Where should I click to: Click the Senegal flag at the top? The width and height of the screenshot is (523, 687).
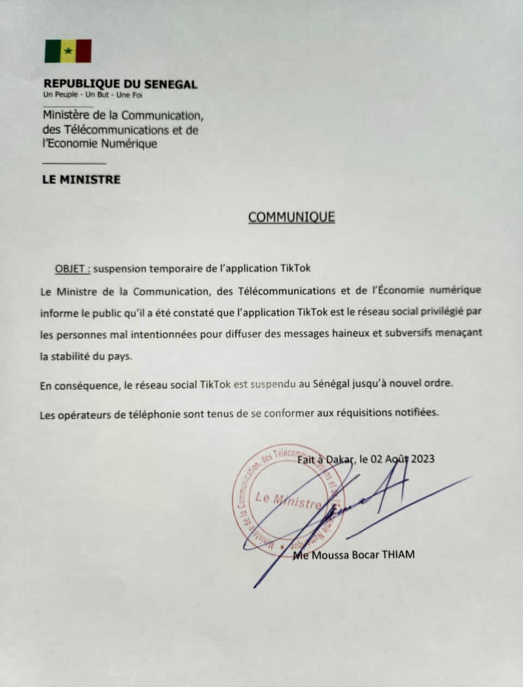point(68,51)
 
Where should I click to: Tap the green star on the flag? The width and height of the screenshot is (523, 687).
point(68,51)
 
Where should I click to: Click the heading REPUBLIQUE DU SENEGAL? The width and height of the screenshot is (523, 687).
point(120,85)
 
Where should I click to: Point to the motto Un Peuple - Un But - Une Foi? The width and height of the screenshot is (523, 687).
point(93,95)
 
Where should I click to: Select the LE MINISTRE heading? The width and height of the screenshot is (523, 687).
point(81,180)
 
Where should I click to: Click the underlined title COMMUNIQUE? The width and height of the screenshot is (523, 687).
point(291,217)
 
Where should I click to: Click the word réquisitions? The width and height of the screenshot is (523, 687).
point(361,413)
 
